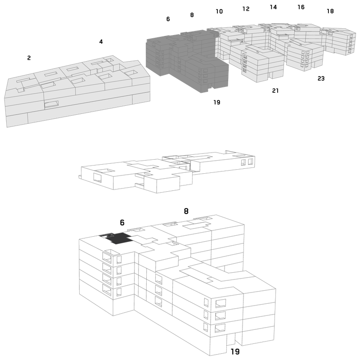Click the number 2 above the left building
tap(29, 58)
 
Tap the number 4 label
tap(101, 41)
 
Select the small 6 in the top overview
tap(168, 19)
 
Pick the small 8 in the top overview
tap(192, 15)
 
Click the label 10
tap(219, 11)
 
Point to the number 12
tap(246, 9)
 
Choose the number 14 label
tap(273, 7)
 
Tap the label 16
tap(301, 7)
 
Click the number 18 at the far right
tap(330, 11)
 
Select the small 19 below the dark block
tap(217, 102)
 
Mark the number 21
tap(275, 91)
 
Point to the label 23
tap(321, 78)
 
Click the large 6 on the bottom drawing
tap(122, 222)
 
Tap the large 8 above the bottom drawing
tap(186, 211)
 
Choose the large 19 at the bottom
tap(235, 351)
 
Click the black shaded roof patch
tap(118, 238)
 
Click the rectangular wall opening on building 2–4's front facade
tap(51, 104)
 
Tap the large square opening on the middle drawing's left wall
tap(97, 178)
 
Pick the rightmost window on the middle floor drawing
tap(250, 162)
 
